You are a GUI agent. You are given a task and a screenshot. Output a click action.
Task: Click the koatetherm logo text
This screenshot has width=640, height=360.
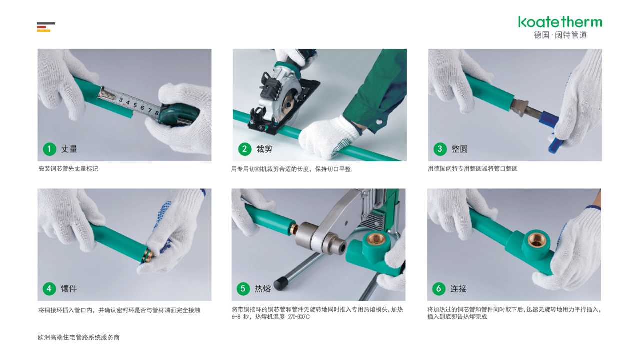[x=560, y=22]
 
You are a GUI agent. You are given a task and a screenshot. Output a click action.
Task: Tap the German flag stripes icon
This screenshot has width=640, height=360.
[x=46, y=27]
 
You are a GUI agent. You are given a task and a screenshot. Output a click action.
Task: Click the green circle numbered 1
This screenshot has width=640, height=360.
[x=49, y=149]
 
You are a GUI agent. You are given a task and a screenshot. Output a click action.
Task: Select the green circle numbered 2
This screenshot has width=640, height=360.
[x=244, y=149]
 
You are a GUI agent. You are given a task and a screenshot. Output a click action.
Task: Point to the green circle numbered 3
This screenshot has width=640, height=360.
[x=440, y=149]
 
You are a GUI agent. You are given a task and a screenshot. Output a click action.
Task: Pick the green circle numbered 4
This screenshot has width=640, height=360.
[x=49, y=289]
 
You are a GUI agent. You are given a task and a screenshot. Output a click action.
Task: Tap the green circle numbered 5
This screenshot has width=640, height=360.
[x=243, y=288]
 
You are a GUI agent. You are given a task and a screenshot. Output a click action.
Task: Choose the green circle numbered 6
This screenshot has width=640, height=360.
[x=439, y=288]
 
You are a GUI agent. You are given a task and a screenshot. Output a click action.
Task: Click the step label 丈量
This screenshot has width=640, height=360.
[x=69, y=149]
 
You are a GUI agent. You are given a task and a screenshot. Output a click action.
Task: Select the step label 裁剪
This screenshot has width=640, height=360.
[x=264, y=149]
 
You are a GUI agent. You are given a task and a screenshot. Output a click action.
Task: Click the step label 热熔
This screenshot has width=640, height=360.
[x=263, y=289]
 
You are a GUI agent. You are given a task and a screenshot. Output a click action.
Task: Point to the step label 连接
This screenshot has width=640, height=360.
[x=458, y=289]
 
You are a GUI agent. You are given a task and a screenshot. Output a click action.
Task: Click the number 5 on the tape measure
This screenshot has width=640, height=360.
[x=135, y=105]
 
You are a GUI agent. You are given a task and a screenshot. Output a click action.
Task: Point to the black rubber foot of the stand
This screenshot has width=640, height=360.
[x=281, y=282]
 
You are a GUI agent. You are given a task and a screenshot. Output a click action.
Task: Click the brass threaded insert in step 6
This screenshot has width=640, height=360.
[x=537, y=240]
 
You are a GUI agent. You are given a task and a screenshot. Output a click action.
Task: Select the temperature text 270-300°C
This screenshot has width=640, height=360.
[x=299, y=317]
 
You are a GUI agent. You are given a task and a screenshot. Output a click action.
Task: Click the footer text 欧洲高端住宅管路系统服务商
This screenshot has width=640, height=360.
[x=79, y=337]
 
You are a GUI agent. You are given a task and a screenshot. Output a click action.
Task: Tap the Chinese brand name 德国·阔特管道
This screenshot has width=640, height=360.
[x=560, y=35]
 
